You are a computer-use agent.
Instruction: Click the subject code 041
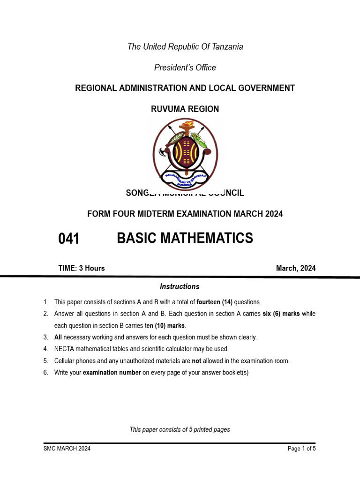click(x=68, y=239)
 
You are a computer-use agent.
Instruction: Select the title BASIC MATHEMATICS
click(x=185, y=238)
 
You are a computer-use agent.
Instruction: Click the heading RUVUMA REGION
click(x=185, y=109)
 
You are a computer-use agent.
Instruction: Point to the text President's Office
click(x=185, y=67)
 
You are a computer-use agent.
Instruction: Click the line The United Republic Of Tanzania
click(x=185, y=46)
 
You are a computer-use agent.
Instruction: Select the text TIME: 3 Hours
click(x=82, y=268)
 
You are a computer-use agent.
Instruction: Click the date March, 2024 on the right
click(x=296, y=268)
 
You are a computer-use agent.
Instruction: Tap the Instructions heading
click(x=180, y=286)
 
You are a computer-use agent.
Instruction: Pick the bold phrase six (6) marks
click(x=281, y=314)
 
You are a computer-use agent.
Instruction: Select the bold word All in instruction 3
click(x=58, y=337)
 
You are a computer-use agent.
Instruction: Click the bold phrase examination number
click(x=112, y=373)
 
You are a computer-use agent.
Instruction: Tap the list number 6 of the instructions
click(x=45, y=373)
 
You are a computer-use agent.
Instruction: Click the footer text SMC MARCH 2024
click(x=67, y=449)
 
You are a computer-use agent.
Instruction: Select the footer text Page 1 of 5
click(x=301, y=449)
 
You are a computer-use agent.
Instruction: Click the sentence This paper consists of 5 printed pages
click(x=180, y=429)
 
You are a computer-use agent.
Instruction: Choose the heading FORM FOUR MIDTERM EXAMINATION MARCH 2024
click(x=185, y=214)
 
